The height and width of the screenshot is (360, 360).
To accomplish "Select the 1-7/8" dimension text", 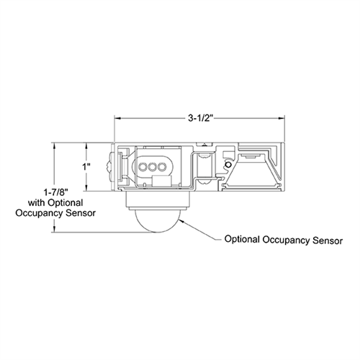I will [55, 193].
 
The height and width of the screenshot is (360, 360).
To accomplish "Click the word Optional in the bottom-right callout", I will [246, 239].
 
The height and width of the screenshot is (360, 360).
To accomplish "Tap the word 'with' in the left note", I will [37, 203].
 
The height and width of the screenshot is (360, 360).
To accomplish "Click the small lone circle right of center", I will [228, 166].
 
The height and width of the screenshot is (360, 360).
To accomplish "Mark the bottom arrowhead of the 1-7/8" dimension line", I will [55, 231].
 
